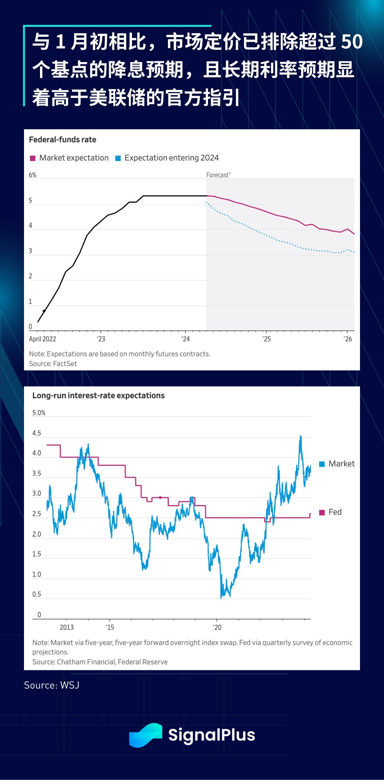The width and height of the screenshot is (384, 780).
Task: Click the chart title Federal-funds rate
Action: click(x=62, y=140)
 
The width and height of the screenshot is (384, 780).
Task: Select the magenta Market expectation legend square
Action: click(x=33, y=158)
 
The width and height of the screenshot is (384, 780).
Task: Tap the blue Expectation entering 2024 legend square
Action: click(x=118, y=158)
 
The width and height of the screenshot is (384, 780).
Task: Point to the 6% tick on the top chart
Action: click(x=32, y=175)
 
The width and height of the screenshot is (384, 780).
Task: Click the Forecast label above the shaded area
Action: click(x=218, y=175)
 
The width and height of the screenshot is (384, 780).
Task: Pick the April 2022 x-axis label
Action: click(x=42, y=339)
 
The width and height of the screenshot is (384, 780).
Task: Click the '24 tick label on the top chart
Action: click(x=185, y=339)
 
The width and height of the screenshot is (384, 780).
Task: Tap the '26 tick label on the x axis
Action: click(x=348, y=339)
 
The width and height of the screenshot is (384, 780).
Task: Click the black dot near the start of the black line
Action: click(x=44, y=311)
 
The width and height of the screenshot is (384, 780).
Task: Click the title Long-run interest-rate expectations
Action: click(x=98, y=395)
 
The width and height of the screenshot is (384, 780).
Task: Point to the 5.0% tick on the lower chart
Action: click(x=39, y=413)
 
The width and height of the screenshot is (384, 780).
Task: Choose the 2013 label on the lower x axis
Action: click(x=67, y=627)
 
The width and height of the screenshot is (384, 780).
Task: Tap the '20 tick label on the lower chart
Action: click(x=217, y=627)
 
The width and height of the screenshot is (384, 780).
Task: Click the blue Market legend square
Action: click(x=322, y=464)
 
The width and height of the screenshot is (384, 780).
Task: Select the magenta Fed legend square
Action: click(x=322, y=512)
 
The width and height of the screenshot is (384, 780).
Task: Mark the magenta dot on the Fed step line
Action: click(x=160, y=497)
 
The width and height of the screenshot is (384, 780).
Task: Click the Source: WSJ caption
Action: click(x=52, y=685)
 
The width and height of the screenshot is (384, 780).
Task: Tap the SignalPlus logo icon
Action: click(x=145, y=735)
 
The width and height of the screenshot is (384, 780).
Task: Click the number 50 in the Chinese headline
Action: click(x=352, y=42)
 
